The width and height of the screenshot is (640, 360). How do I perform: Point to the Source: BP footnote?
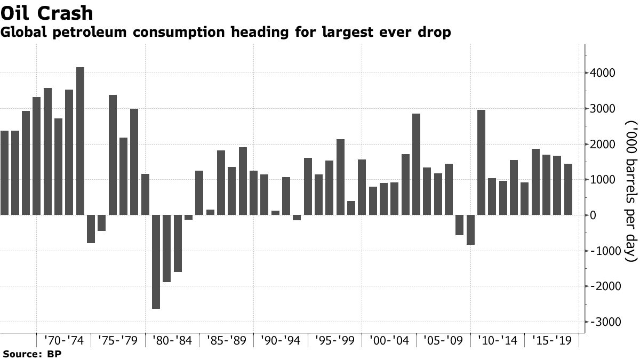[x=31, y=354]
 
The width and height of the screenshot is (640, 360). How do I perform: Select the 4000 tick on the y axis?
[x=602, y=73]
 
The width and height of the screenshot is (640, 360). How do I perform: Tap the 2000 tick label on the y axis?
[x=602, y=145]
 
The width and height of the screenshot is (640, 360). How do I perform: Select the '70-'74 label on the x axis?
[x=64, y=340]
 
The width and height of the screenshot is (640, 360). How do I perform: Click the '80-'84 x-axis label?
[x=172, y=340]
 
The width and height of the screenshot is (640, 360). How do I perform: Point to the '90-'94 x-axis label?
[x=281, y=340]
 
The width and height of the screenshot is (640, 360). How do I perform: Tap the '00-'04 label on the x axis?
[x=389, y=340]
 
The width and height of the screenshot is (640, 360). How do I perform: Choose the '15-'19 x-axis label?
[x=551, y=340]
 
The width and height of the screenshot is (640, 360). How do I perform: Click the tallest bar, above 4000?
[x=81, y=141]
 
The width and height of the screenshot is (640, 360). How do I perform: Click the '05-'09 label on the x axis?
[x=443, y=340]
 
